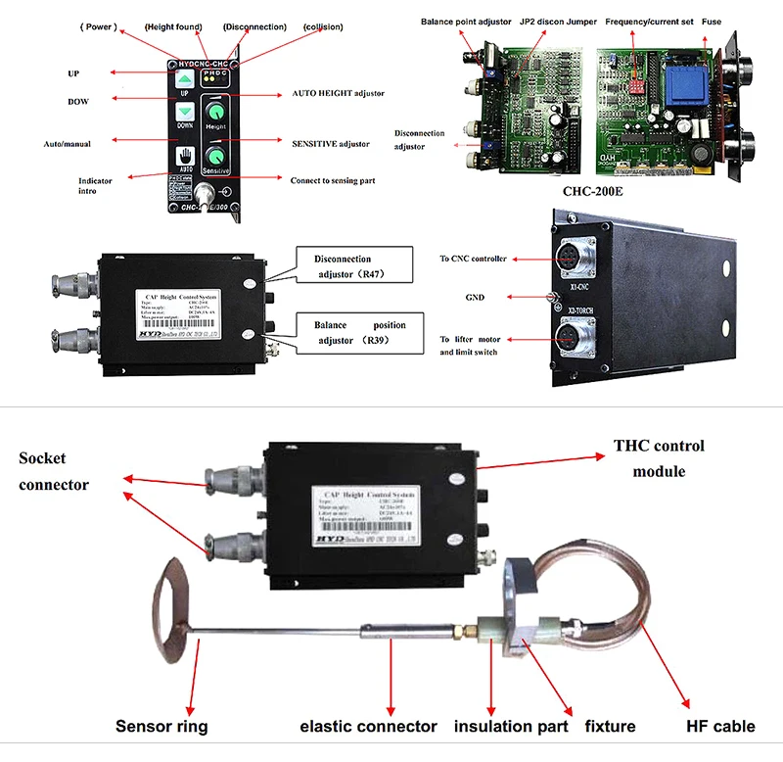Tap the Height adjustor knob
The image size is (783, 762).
coord(215,110)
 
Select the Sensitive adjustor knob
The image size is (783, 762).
coord(215,156)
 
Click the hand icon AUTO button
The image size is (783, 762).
coord(185,157)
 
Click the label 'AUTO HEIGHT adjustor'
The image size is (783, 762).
coord(338,93)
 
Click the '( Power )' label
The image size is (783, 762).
coord(97,26)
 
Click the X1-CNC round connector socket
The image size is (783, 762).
coord(572,257)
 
